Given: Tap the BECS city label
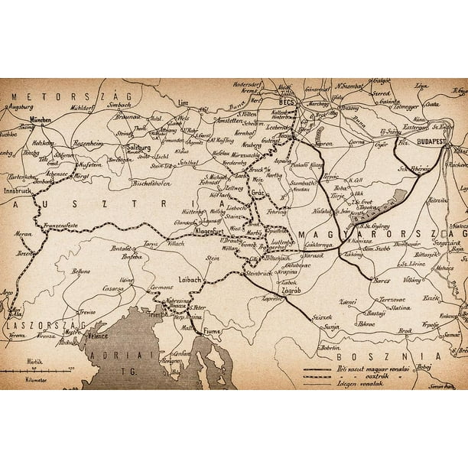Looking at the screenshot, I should [287, 102].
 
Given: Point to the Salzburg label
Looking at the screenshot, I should [138, 148].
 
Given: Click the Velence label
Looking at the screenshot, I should [97, 334].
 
